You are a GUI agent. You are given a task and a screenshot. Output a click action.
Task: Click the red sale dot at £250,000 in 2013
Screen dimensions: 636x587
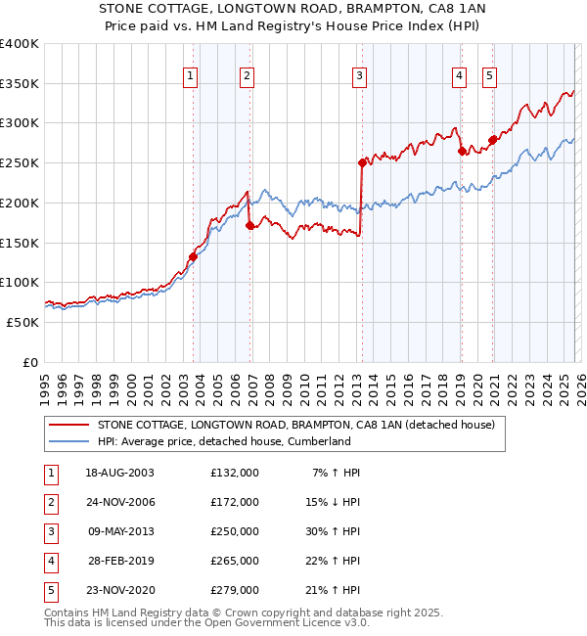coord(362,163)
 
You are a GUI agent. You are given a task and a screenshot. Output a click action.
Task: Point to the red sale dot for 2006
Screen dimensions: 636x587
coord(250,225)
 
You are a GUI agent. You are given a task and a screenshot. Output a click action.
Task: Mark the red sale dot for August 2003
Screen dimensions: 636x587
coord(193,257)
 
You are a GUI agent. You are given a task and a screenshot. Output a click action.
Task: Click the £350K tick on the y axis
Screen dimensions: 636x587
coord(20,83)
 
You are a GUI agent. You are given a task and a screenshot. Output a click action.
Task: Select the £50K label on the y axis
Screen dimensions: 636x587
coord(23,322)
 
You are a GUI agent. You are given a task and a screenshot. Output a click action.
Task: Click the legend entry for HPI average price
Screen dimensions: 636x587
coord(223,441)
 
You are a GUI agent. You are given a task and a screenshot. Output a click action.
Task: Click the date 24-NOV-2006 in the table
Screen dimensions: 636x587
coord(119,502)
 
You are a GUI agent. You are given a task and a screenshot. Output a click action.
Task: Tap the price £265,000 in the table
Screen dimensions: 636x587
coord(235,561)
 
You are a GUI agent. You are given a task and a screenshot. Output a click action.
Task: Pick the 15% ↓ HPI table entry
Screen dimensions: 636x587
coord(333,502)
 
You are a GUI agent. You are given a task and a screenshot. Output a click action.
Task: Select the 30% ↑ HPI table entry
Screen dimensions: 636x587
coord(333,531)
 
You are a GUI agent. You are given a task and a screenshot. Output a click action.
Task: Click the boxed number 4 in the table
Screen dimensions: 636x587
coord(49,561)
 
